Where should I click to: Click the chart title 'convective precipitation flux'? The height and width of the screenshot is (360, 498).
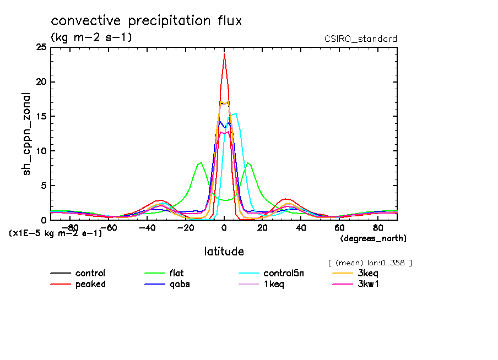pyautogui.click(x=146, y=21)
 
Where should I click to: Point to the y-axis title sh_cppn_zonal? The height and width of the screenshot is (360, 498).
pyautogui.click(x=26, y=134)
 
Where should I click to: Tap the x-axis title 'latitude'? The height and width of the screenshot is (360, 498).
pyautogui.click(x=224, y=252)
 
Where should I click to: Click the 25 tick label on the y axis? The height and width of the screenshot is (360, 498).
pyautogui.click(x=41, y=48)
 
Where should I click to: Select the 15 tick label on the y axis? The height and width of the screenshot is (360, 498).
pyautogui.click(x=41, y=117)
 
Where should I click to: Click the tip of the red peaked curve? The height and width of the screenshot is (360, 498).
pyautogui.click(x=224, y=54)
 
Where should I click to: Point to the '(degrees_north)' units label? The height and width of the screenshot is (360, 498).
pyautogui.click(x=373, y=238)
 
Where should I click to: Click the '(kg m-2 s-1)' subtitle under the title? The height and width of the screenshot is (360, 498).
pyautogui.click(x=91, y=37)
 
